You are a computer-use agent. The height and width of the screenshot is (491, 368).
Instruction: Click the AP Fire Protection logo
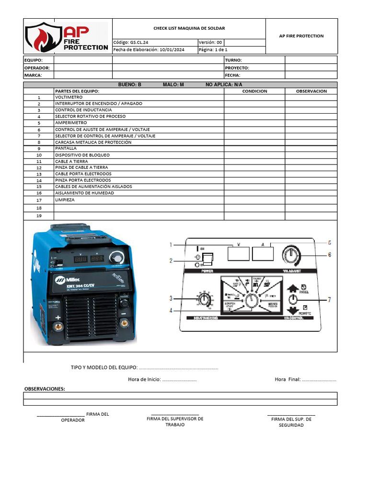(x=68, y=36)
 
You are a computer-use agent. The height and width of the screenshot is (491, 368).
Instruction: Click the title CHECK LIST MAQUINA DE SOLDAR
(x=189, y=29)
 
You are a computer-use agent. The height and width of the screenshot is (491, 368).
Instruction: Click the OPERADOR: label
(x=37, y=68)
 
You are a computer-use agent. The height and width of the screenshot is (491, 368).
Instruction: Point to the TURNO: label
(x=233, y=60)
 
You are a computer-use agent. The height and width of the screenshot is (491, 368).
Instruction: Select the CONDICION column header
(x=254, y=91)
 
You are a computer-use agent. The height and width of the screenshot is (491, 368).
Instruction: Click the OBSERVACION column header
(x=311, y=91)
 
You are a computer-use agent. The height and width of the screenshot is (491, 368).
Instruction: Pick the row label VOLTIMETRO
(x=69, y=97)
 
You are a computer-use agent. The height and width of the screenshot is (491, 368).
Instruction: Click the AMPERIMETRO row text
(x=71, y=123)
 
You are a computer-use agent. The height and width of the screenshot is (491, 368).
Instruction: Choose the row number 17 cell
(x=39, y=200)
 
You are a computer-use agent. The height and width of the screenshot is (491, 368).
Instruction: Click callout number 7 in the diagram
(x=329, y=300)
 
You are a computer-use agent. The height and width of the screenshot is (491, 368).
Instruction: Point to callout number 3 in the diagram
(x=171, y=299)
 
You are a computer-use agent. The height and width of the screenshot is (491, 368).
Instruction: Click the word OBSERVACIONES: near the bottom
(x=45, y=389)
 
